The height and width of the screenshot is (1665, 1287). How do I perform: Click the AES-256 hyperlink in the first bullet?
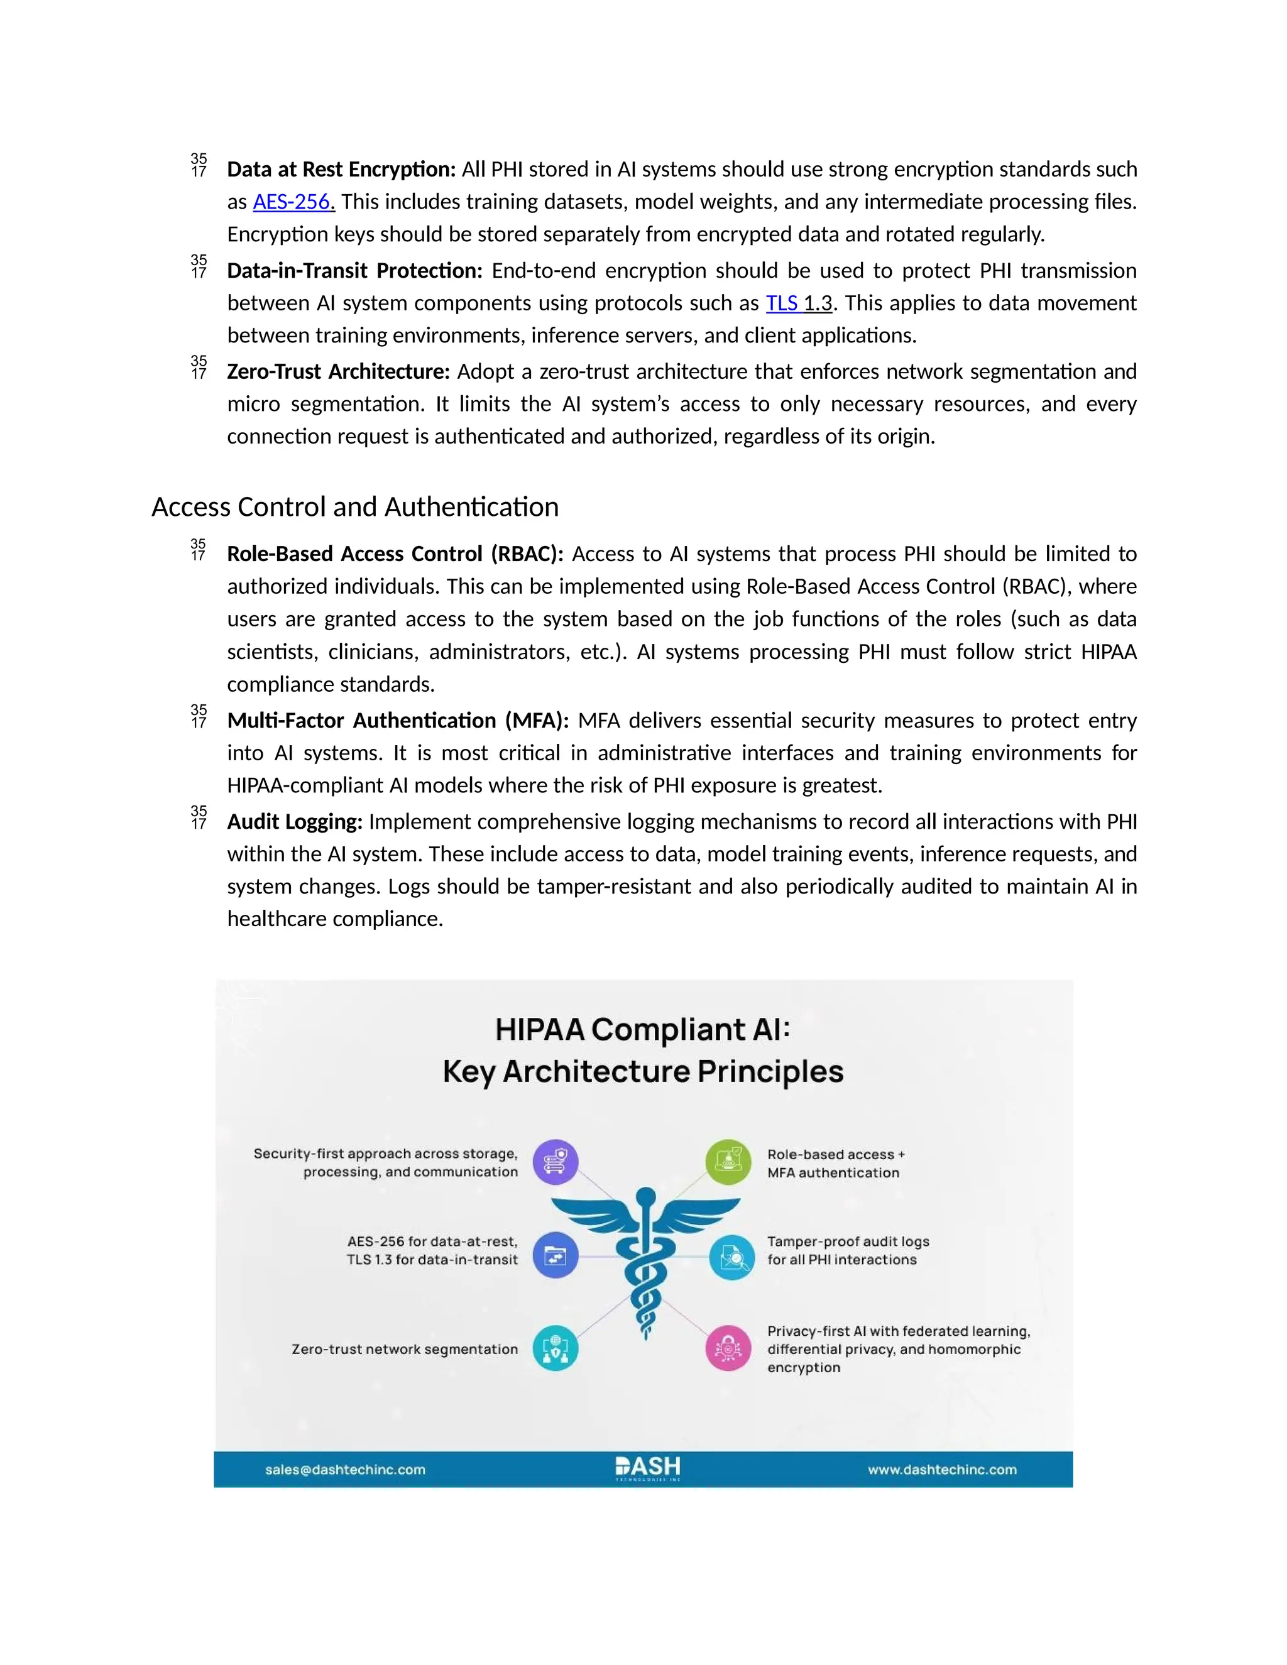293,202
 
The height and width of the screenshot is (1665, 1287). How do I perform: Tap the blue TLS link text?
782,303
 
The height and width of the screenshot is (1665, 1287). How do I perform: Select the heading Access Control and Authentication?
354,507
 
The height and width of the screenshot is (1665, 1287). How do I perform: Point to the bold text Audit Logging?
294,822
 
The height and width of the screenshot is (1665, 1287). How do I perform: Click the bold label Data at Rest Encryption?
341,169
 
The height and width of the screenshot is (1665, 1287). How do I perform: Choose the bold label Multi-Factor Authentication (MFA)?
398,721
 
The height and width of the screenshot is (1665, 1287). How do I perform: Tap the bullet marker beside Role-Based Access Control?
198,550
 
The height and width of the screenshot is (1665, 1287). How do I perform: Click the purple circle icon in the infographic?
555,1162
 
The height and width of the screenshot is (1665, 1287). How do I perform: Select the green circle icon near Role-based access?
728,1162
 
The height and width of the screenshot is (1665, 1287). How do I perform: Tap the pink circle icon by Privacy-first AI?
728,1348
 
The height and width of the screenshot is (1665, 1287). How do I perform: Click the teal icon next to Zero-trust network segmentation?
555,1348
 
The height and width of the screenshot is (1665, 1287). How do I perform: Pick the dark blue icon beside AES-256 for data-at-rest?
555,1255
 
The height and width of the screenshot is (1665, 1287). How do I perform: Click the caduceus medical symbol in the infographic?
645,1258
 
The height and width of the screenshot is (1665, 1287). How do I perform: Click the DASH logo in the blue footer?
647,1468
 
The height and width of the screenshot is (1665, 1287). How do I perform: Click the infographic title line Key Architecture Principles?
643,1071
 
